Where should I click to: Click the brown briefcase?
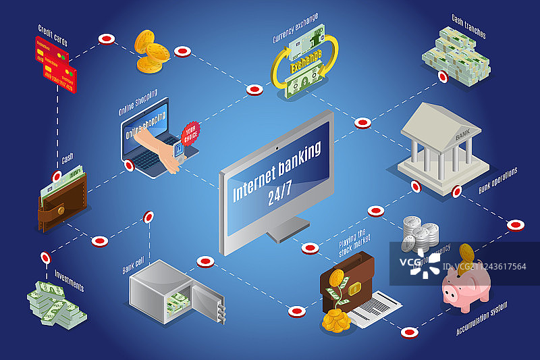point(346,282)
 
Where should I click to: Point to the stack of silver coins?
point(417,233)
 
